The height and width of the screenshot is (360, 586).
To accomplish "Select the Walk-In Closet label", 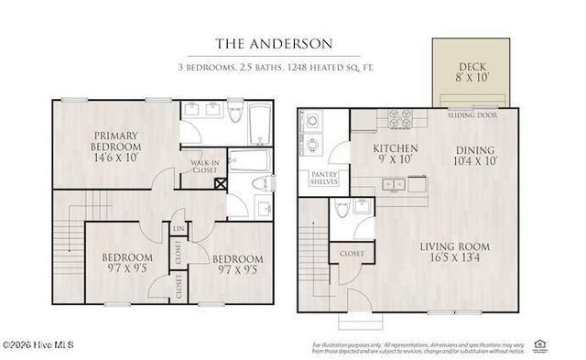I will (202, 167).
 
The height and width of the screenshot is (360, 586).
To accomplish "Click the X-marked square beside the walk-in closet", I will (220, 182).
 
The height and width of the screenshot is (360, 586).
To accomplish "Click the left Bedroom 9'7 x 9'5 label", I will (127, 262).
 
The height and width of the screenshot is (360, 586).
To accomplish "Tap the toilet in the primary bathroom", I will (235, 116).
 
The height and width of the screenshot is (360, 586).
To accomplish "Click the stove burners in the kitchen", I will (401, 119).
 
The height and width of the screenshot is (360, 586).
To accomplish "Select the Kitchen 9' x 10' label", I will (396, 154).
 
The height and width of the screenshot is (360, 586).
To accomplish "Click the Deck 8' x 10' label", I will (473, 72).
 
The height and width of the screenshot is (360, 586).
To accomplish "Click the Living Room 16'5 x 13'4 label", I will (456, 253).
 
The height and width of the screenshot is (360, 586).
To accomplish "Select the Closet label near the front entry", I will (352, 254).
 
